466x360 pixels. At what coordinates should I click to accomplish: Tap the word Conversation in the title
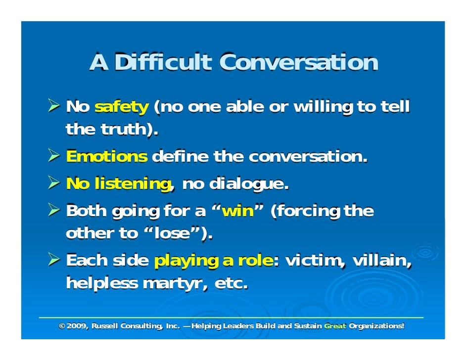click(x=298, y=63)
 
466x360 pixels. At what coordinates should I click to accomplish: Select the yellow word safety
click(x=121, y=106)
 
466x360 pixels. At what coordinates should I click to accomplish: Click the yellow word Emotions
click(x=106, y=157)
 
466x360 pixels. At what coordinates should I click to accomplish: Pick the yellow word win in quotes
click(x=238, y=212)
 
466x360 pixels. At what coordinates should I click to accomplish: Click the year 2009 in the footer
click(x=77, y=326)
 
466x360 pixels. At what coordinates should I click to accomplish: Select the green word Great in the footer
click(x=335, y=326)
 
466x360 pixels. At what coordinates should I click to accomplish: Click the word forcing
click(x=306, y=212)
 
